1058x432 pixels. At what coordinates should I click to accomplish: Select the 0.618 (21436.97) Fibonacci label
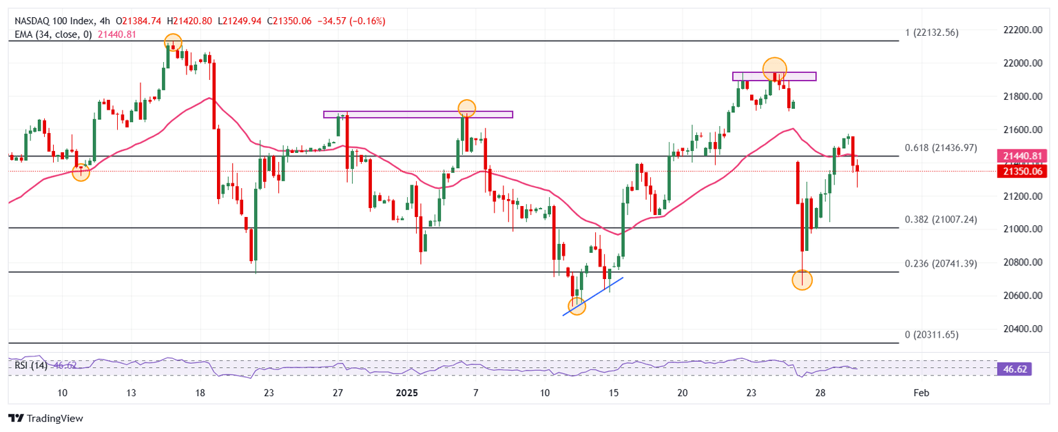pyautogui.click(x=940, y=148)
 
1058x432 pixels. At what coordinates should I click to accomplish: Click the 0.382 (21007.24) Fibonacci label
pyautogui.click(x=940, y=220)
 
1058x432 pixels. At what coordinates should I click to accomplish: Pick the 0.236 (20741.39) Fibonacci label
pyautogui.click(x=940, y=264)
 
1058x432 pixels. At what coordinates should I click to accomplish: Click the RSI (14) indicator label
pyautogui.click(x=31, y=365)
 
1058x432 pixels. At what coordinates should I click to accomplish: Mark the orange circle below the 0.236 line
pyautogui.click(x=802, y=280)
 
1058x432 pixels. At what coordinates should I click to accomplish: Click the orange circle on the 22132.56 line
pyautogui.click(x=172, y=42)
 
